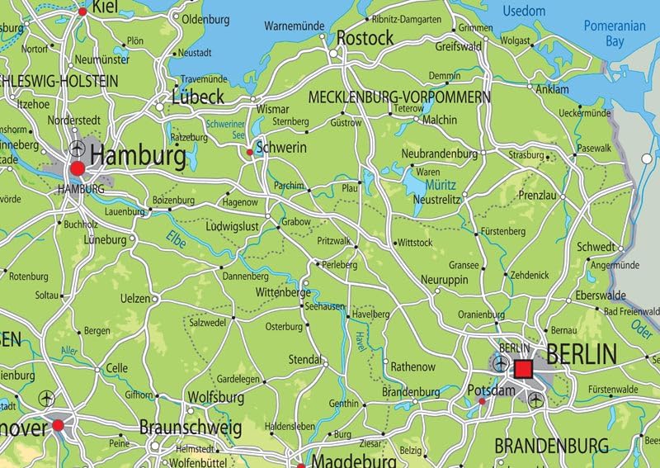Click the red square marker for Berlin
(x=523, y=367)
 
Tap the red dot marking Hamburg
(x=78, y=169)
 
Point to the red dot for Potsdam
(x=482, y=402)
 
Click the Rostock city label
(x=365, y=38)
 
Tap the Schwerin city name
(x=281, y=147)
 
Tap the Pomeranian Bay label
(x=615, y=32)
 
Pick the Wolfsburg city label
(x=217, y=397)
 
